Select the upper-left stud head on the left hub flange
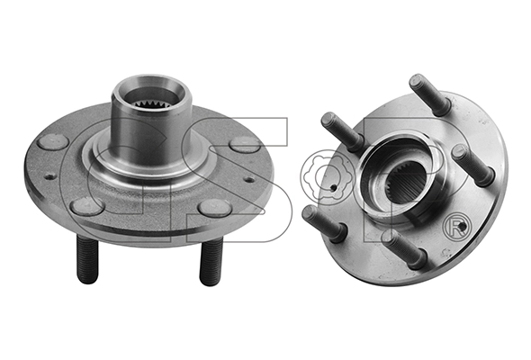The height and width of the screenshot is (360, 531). coord(53,141)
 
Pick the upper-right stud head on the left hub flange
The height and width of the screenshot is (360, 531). coord(245,144)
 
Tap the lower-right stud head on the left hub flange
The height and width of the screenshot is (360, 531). coord(215,208)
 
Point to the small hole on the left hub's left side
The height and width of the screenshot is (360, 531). coord(50,176)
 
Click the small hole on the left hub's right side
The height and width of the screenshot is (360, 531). coord(249,179)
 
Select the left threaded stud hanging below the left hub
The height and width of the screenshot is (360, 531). coord(87,259)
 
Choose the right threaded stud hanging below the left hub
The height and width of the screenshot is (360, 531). coord(211,261)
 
